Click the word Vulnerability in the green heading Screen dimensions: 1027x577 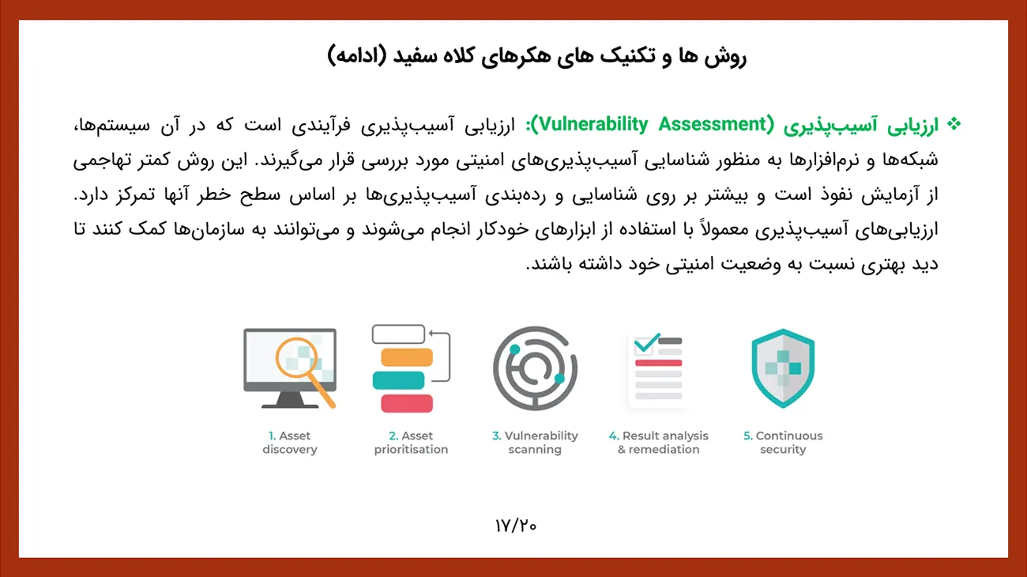(x=592, y=125)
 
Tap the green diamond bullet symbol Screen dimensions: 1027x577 (x=954, y=124)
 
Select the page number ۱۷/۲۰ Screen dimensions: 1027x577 (x=515, y=526)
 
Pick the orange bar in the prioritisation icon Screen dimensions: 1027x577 (x=407, y=357)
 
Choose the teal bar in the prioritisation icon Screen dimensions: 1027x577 (x=398, y=381)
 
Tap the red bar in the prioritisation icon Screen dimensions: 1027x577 (x=407, y=404)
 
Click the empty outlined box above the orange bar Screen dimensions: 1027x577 (x=398, y=334)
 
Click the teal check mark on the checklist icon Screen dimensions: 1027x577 (x=647, y=342)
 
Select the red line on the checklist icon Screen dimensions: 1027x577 (x=658, y=364)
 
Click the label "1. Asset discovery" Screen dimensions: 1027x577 (x=290, y=442)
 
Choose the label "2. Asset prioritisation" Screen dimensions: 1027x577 (x=411, y=442)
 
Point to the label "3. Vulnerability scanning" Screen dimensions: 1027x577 (x=535, y=442)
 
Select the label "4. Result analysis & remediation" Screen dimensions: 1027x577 (x=658, y=442)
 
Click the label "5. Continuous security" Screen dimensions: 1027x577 (x=783, y=442)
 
